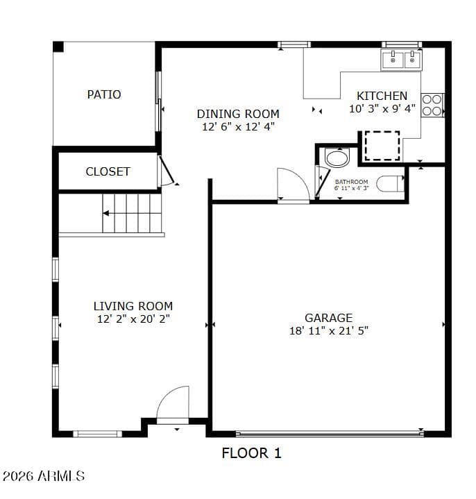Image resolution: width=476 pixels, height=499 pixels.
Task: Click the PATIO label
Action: pyautogui.click(x=104, y=94)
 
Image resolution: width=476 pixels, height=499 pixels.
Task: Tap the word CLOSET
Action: pyautogui.click(x=108, y=172)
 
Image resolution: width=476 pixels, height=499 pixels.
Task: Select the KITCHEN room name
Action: pyautogui.click(x=382, y=96)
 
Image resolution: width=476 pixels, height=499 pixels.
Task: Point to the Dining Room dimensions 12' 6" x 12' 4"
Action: pyautogui.click(x=238, y=127)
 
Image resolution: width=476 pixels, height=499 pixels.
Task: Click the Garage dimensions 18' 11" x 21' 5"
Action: pyautogui.click(x=329, y=331)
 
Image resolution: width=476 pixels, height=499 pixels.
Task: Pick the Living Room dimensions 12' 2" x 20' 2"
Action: pyautogui.click(x=133, y=319)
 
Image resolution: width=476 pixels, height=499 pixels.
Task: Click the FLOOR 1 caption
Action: pyautogui.click(x=251, y=453)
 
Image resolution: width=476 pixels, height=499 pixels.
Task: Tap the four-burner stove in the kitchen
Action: pyautogui.click(x=432, y=105)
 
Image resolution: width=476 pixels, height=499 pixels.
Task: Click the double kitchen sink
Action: pyautogui.click(x=402, y=60)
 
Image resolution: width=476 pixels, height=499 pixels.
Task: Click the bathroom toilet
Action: pyautogui.click(x=391, y=184)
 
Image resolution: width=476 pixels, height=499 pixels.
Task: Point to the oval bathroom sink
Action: pyautogui.click(x=337, y=158)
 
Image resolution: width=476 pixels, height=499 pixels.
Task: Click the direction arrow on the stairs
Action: pyautogui.click(x=106, y=213)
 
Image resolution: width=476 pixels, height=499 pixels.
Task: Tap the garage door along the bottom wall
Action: pyautogui.click(x=330, y=433)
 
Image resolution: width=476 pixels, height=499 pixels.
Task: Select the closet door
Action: pyautogui.click(x=167, y=170)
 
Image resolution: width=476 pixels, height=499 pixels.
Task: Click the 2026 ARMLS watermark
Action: pyautogui.click(x=43, y=476)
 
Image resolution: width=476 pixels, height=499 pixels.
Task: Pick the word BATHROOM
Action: pyautogui.click(x=352, y=182)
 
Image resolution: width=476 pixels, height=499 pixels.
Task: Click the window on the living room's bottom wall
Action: pyautogui.click(x=97, y=434)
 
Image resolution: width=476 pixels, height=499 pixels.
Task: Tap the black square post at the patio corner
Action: pyautogui.click(x=58, y=46)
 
